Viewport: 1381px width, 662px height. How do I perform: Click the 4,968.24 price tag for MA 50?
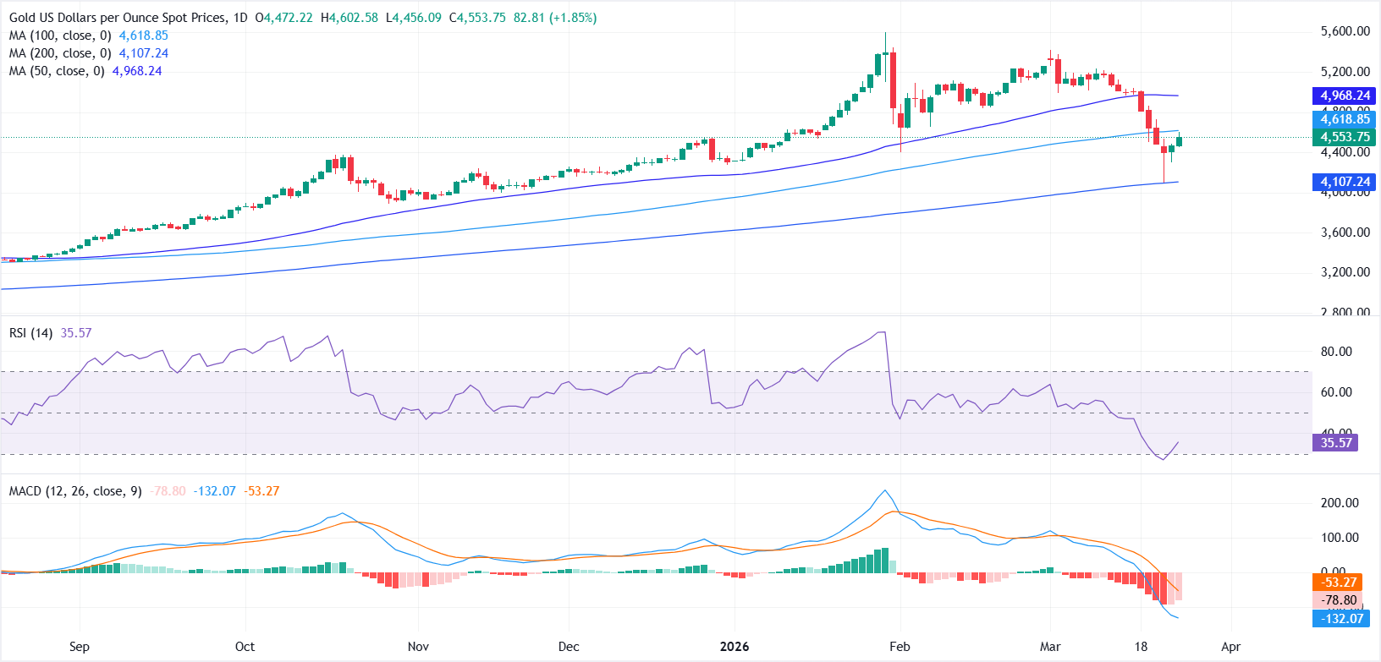coord(1345,96)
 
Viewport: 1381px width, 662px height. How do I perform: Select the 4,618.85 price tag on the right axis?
coord(1345,119)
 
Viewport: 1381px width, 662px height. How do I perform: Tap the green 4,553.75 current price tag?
coord(1345,137)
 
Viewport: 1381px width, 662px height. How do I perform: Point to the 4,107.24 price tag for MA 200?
coord(1345,182)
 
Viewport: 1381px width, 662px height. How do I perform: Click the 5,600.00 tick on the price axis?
coord(1345,31)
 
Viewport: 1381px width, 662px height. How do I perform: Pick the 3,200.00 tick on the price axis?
coord(1345,272)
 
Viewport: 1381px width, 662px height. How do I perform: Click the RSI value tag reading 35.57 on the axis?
coord(1335,442)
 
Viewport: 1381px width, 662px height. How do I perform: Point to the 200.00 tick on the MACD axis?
coord(1340,503)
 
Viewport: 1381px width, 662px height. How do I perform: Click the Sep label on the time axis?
coord(79,647)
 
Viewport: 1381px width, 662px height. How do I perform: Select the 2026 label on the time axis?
coord(734,647)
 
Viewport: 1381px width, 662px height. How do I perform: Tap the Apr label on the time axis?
coord(1230,647)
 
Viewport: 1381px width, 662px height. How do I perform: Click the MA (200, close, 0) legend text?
coord(60,53)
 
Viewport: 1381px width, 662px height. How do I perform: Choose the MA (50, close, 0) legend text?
coord(57,71)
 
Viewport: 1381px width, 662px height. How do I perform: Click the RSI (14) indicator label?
coord(31,333)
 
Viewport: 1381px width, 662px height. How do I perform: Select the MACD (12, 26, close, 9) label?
coord(75,491)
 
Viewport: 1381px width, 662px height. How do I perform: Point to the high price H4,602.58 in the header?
coord(349,18)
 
